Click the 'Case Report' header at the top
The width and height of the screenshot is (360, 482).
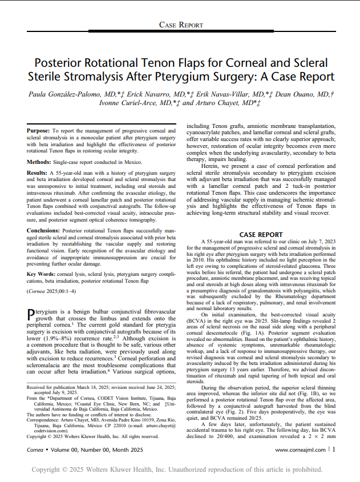180,25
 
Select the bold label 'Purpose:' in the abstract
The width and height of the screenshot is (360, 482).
38,131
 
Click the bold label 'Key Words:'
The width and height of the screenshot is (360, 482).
42,275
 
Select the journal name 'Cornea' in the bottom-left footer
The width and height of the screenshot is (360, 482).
36,450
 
